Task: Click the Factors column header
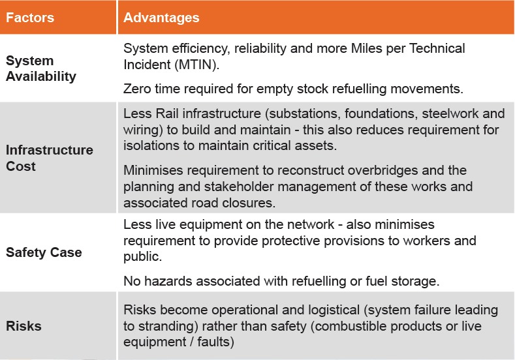[x=30, y=18]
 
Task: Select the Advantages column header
[x=161, y=18]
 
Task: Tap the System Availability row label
[x=41, y=68]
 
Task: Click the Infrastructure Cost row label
[x=50, y=158]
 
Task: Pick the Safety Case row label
[x=44, y=252]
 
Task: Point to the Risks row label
[x=23, y=326]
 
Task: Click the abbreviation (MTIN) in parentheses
[x=197, y=65]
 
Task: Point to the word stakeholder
[x=239, y=187]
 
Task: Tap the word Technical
[x=437, y=48]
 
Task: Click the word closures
[x=249, y=203]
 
